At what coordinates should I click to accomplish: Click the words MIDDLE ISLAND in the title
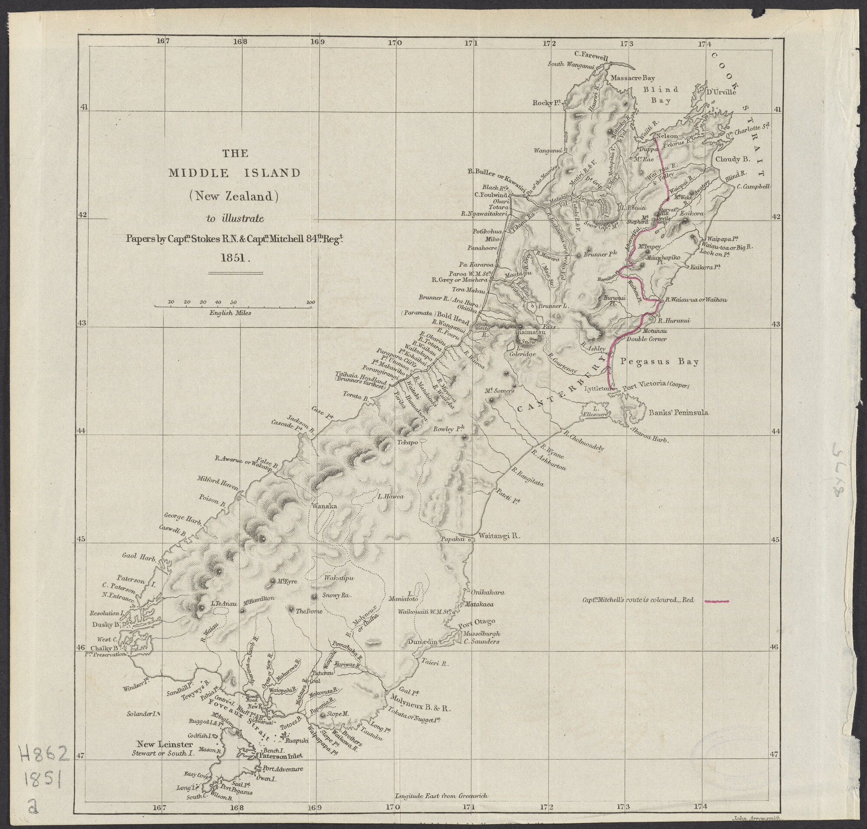tap(234, 173)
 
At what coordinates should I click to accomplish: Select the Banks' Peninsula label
tap(678, 412)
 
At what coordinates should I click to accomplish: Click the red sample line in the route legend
tap(716, 601)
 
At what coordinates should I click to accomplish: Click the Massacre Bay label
tap(632, 78)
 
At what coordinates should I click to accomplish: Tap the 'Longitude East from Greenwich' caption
tap(441, 796)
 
